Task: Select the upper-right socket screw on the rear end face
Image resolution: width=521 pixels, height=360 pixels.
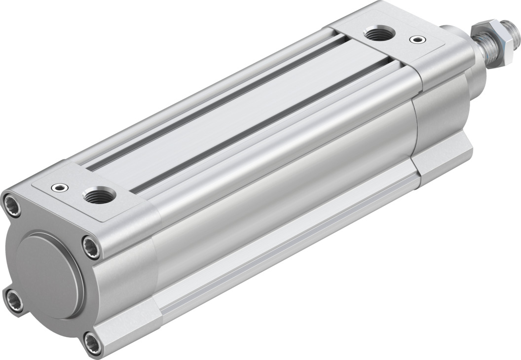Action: coord(91,247)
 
